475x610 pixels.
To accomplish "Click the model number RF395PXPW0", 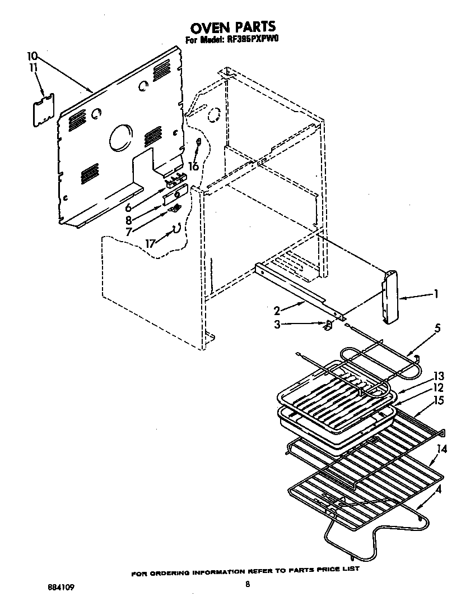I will pyautogui.click(x=254, y=40).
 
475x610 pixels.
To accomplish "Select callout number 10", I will pyautogui.click(x=32, y=56).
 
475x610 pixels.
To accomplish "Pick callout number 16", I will pyautogui.click(x=193, y=167).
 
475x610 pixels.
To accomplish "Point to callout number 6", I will pyautogui.click(x=128, y=207).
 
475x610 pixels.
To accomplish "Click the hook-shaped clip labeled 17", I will pyautogui.click(x=176, y=228).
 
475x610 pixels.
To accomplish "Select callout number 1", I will pyautogui.click(x=436, y=294).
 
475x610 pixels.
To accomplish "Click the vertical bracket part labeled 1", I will pyautogui.click(x=390, y=297).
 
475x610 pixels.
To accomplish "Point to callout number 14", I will pyautogui.click(x=443, y=449).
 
